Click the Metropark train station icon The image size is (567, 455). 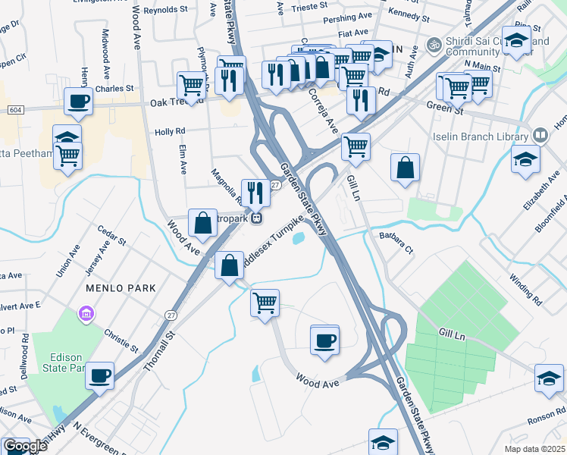point(258,218)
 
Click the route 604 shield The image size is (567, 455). point(14,110)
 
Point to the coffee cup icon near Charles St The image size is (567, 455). point(78,101)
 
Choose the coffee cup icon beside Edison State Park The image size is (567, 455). point(99,375)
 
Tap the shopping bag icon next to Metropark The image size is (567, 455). point(203,223)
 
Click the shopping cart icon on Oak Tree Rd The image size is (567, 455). point(191,84)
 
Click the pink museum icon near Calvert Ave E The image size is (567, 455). point(86,313)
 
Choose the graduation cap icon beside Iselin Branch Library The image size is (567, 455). point(525,160)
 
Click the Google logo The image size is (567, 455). point(25,446)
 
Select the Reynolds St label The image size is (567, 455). point(164,10)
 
